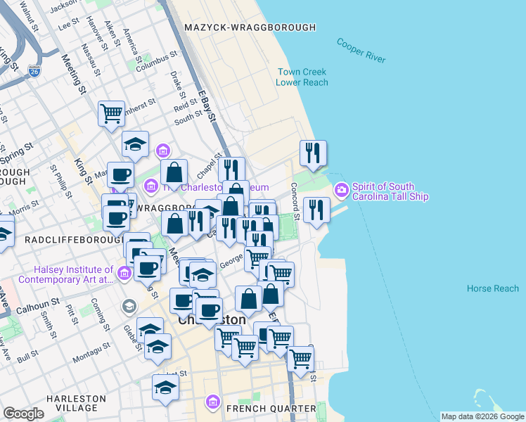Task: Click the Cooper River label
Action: coord(361,51)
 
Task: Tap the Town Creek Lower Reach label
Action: coord(302,77)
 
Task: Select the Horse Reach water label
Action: coord(492,288)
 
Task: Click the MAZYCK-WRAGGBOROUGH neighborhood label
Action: coord(249,27)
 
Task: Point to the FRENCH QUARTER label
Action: coord(270,409)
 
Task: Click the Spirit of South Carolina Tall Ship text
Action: coord(390,191)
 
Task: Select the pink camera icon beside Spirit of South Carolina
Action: coord(341,190)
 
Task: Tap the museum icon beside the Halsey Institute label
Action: coord(124,273)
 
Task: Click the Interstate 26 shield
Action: coord(34,71)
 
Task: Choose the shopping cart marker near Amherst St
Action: coord(111,113)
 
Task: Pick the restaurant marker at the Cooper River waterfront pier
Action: coord(316,209)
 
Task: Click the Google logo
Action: coord(23,414)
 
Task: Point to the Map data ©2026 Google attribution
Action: coord(482,416)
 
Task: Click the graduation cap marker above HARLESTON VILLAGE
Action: coord(166,387)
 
